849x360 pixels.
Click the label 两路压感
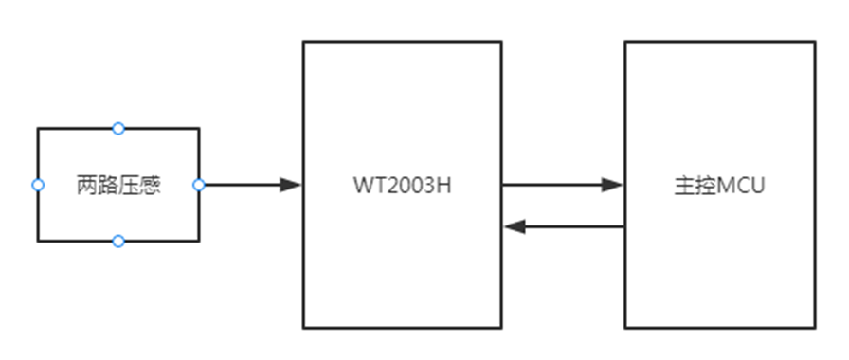tap(118, 185)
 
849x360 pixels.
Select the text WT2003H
tap(403, 185)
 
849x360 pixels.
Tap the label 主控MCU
tap(719, 185)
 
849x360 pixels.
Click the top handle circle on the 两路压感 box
tap(118, 128)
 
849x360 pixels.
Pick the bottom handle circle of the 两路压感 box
tap(118, 242)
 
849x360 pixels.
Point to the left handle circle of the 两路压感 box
tap(38, 185)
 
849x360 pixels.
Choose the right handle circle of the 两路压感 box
tap(199, 185)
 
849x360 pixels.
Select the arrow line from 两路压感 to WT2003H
tap(242, 185)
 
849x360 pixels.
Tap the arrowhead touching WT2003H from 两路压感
tap(291, 185)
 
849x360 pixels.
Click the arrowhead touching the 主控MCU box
tap(613, 185)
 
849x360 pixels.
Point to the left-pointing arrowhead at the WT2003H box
tap(515, 226)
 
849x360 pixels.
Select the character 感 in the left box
tap(150, 185)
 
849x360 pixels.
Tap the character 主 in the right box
tap(684, 185)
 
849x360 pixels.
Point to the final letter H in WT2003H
tap(444, 185)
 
